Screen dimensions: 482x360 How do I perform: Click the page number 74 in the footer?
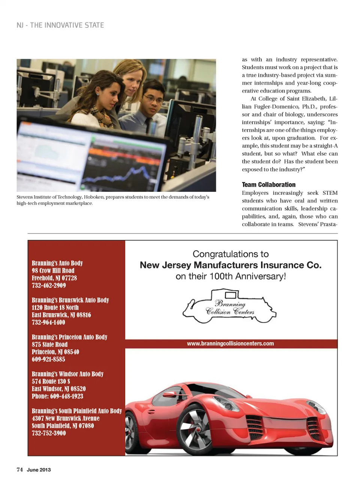point(19,470)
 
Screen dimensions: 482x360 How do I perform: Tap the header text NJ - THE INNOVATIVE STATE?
point(60,25)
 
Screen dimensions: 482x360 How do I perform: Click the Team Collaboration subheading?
point(268,184)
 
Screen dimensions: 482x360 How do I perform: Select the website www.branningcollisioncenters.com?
point(230,343)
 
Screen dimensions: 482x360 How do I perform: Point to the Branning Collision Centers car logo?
point(229,306)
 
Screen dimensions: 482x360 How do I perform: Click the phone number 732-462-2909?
point(49,285)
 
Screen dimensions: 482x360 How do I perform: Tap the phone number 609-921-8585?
point(48,359)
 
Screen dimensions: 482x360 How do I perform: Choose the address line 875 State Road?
point(49,344)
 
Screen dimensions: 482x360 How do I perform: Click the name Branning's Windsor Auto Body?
point(67,374)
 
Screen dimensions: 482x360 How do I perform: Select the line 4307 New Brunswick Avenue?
point(66,418)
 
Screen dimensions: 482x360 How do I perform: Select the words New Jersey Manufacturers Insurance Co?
point(231,265)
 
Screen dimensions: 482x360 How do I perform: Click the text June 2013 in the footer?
point(39,470)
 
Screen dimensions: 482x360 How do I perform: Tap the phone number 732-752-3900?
point(49,433)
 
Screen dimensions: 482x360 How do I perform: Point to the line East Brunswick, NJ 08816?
point(61,315)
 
